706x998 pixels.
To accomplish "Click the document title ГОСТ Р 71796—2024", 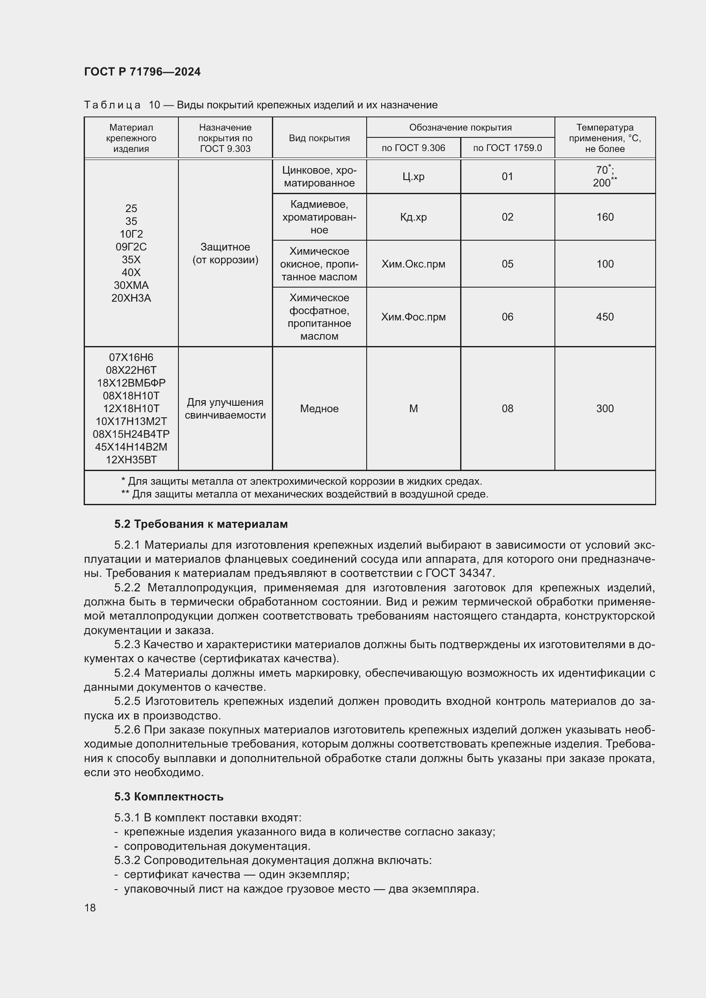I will coord(142,72).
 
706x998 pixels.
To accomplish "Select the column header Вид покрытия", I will coord(319,138).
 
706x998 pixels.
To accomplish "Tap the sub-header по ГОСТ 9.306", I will coord(413,148).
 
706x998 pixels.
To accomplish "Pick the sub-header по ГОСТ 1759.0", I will coord(508,148).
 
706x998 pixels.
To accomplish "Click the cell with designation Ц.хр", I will coord(413,177).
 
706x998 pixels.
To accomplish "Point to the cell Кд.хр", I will coord(413,217).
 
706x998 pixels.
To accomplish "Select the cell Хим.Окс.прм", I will coord(413,264).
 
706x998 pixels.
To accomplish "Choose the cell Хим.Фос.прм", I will coord(413,317).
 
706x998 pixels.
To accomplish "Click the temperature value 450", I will coord(605,317).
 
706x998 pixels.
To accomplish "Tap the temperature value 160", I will coord(605,217).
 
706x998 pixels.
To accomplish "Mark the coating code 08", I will coord(508,409).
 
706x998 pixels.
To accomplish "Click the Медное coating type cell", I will coord(319,409).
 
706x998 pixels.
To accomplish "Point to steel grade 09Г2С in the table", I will coord(131,247).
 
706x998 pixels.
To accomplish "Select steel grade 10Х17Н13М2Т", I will coord(131,421).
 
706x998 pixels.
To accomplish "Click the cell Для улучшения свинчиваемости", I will coord(225,409).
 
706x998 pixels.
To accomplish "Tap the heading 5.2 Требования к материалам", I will coord(201,524).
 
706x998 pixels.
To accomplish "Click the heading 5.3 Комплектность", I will coord(169,797).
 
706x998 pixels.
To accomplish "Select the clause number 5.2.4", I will coord(127,673).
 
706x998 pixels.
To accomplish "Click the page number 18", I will coord(90,908).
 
